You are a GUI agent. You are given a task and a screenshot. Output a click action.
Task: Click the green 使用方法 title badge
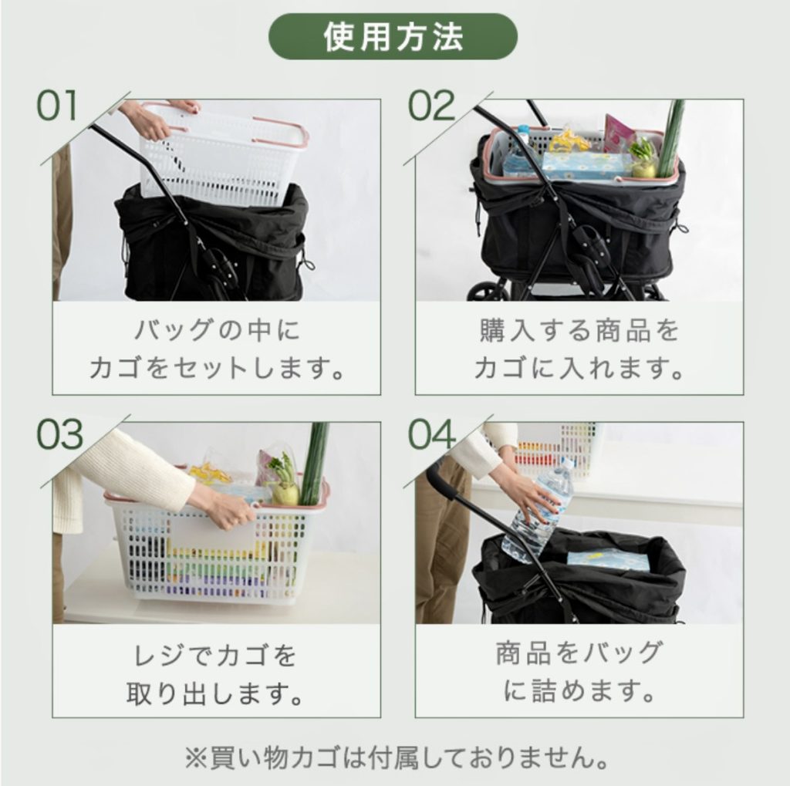[x=393, y=37]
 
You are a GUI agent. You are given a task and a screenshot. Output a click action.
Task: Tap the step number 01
[x=57, y=106]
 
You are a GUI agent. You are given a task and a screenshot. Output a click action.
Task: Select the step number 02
[x=431, y=106]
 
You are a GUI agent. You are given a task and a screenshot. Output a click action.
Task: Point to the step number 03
[x=59, y=434]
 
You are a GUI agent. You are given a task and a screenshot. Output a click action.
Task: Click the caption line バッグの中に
[x=217, y=331]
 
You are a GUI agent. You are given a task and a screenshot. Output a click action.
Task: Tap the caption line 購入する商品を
[x=579, y=331]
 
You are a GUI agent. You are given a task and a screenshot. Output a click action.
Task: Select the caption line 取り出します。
[x=216, y=693]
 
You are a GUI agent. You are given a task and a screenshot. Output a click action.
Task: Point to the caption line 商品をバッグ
[x=579, y=653]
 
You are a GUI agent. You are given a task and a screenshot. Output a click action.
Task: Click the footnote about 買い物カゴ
[x=396, y=757]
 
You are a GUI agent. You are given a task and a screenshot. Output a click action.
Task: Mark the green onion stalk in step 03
[x=313, y=464]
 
